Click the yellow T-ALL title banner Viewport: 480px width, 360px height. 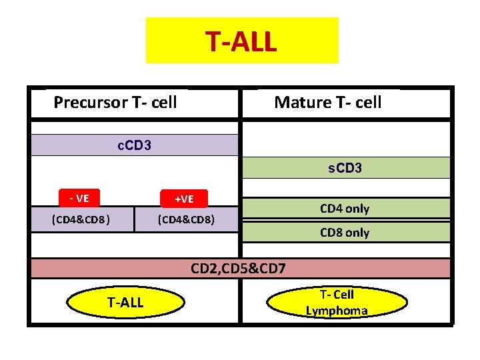click(x=241, y=41)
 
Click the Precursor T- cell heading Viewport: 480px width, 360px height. click(x=115, y=102)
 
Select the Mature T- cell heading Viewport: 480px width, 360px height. click(x=327, y=102)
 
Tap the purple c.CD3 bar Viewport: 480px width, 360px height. click(x=133, y=145)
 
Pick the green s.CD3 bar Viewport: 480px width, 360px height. click(x=345, y=168)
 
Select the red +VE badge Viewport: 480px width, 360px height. click(x=183, y=199)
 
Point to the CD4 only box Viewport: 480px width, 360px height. click(x=345, y=209)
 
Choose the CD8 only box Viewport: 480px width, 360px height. click(x=345, y=233)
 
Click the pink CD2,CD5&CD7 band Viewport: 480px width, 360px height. click(x=239, y=269)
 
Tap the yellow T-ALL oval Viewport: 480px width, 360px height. click(x=125, y=303)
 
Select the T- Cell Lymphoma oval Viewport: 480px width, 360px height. click(x=337, y=303)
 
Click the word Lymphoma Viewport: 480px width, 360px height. click(x=337, y=311)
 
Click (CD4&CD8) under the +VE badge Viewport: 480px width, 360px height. click(x=186, y=219)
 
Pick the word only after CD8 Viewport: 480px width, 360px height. click(x=357, y=233)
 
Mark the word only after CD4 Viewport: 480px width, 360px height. click(x=357, y=209)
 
